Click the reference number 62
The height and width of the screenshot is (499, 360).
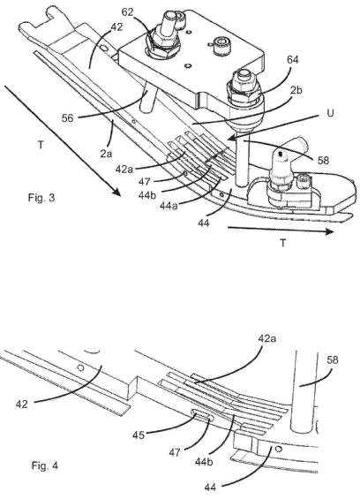[x=128, y=12]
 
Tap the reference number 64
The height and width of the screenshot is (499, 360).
[x=293, y=59]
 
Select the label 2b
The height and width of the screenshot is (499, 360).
[x=296, y=90]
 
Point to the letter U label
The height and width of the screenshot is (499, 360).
[x=330, y=113]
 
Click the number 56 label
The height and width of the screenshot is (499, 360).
[x=68, y=118]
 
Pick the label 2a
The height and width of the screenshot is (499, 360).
[x=106, y=154]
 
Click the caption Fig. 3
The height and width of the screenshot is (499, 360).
[x=41, y=198]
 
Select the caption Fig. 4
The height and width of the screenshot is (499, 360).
[x=45, y=466]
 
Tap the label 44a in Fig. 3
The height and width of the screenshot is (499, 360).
[x=169, y=206]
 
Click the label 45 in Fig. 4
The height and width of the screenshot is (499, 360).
[x=138, y=435]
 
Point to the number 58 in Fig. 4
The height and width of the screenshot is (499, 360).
[x=333, y=360]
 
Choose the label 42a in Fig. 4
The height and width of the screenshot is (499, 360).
[x=267, y=338]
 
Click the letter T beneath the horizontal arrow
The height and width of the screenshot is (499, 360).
[x=282, y=244]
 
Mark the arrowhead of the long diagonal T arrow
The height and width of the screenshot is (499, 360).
[x=116, y=192]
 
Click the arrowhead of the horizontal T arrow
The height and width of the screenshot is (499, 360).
[x=329, y=232]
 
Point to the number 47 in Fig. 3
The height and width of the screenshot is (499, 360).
[x=144, y=182]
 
